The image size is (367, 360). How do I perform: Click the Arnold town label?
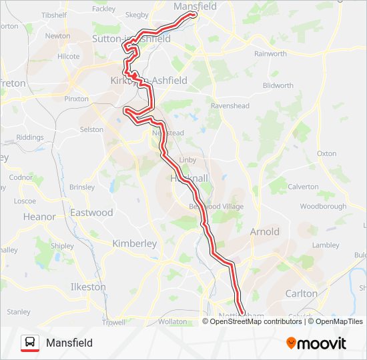[265, 232]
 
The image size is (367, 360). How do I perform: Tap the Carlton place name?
[301, 293]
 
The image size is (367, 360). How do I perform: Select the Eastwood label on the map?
[92, 213]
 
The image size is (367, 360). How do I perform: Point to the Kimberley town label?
[134, 243]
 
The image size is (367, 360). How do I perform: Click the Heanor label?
[39, 217]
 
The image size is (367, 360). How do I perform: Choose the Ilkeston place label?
[88, 287]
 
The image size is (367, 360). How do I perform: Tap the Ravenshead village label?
[230, 106]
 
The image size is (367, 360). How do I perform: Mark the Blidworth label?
[278, 85]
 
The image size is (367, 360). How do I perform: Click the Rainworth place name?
[270, 54]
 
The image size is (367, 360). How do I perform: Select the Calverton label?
[303, 187]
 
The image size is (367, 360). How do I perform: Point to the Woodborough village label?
[322, 207]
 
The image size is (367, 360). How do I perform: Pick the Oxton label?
[326, 153]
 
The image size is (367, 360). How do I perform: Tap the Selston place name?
[91, 129]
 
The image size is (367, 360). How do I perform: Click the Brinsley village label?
[82, 187]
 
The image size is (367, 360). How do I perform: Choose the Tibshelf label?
[55, 14]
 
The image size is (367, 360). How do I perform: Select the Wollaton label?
[173, 322]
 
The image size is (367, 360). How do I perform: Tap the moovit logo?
[316, 343]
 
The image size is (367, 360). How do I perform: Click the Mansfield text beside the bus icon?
[69, 343]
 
